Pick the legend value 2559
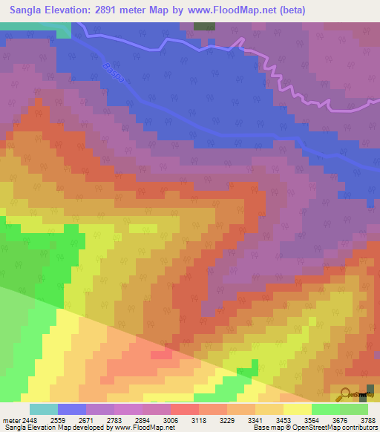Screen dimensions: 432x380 (x=70, y=419)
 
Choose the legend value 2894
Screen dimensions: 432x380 (x=152, y=419)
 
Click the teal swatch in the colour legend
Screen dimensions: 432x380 (x=43, y=409)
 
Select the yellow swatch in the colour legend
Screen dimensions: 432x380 (x=297, y=409)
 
